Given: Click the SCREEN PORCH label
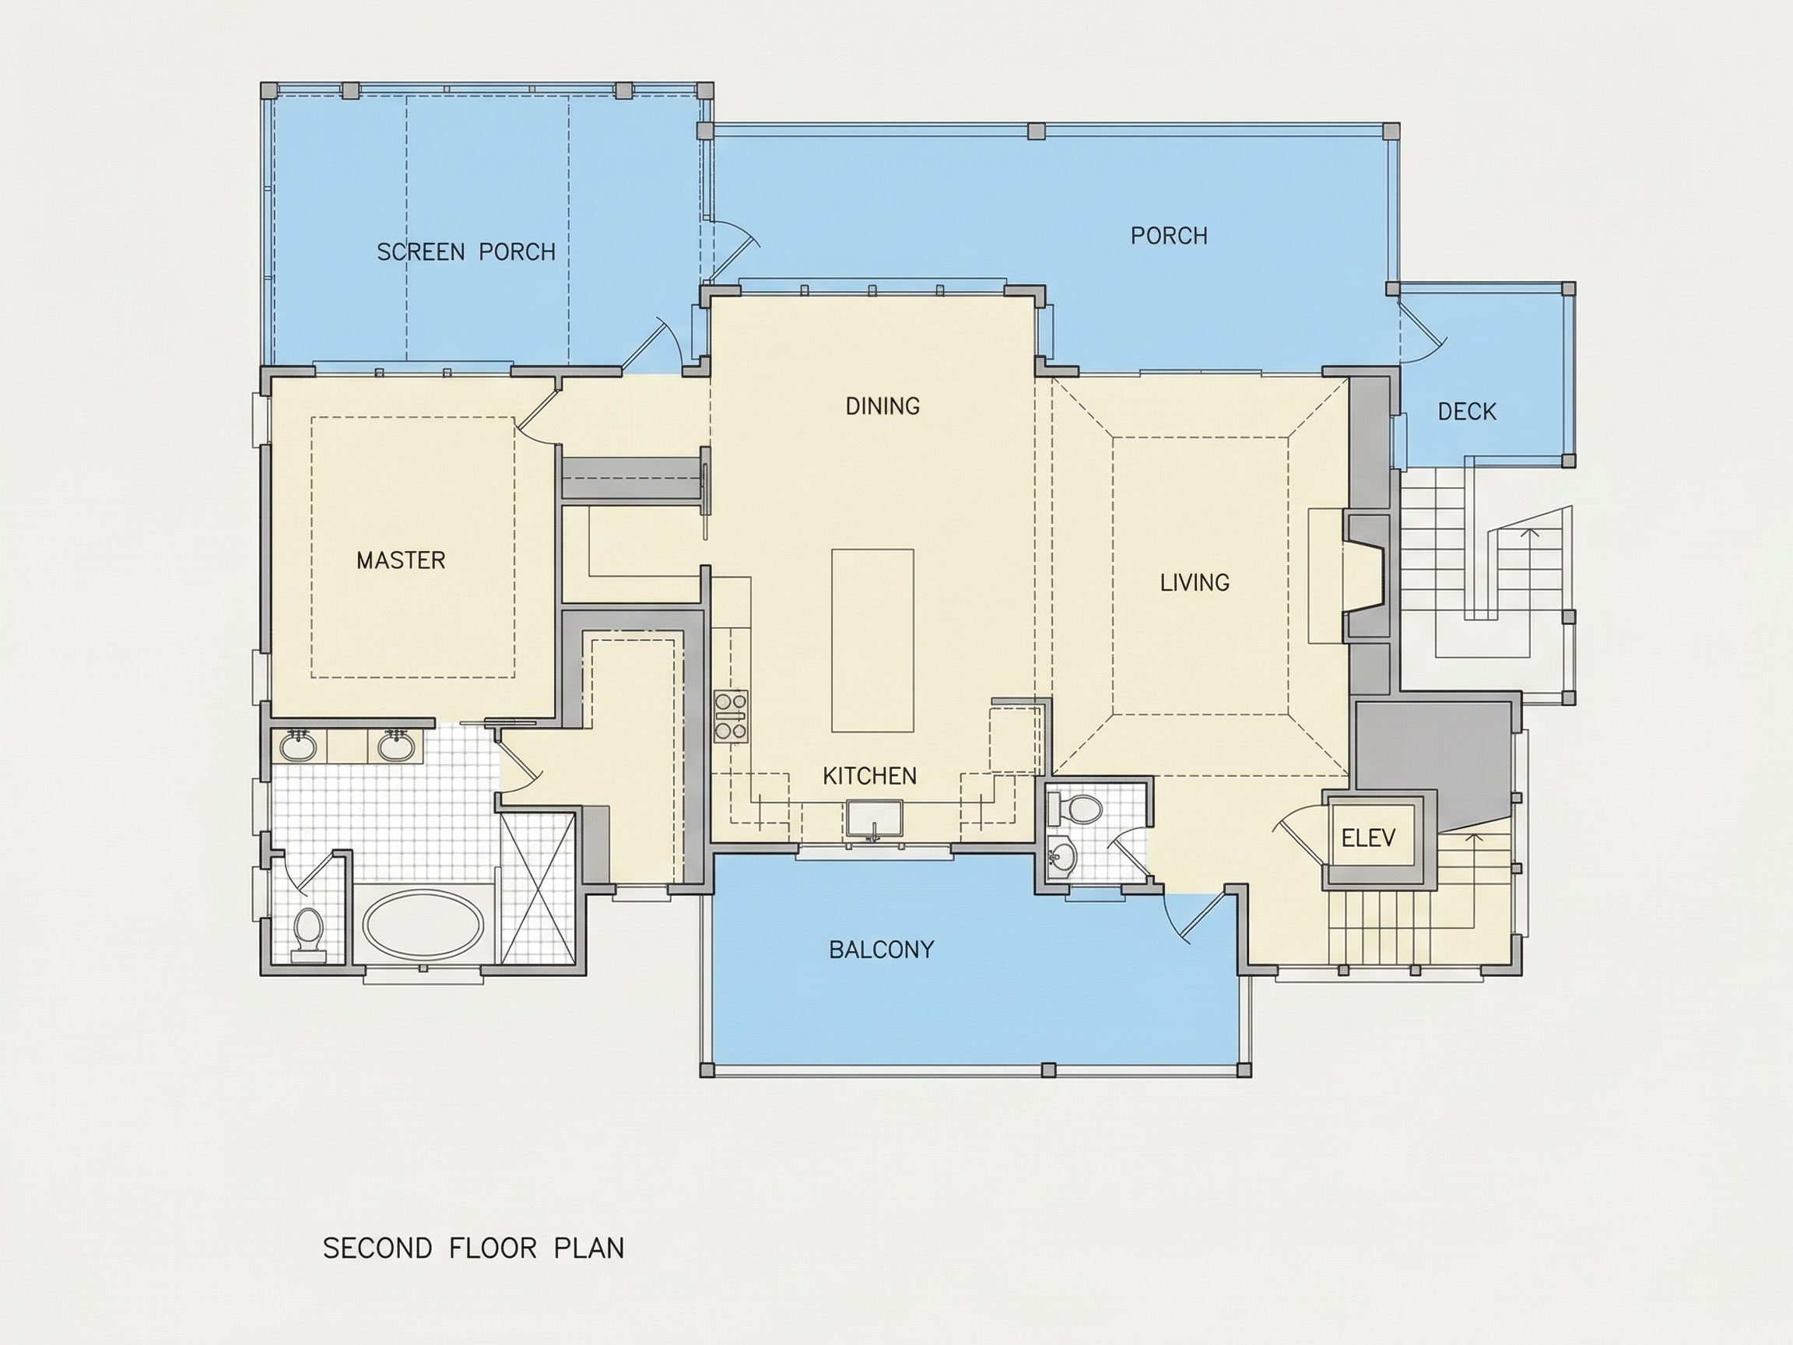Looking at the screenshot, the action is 466,252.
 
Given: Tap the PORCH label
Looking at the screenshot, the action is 1169,236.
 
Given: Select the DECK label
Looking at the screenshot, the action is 1466,412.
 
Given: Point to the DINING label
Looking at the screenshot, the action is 882,406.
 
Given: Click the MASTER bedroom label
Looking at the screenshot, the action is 402,560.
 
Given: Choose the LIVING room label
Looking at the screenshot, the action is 1195,582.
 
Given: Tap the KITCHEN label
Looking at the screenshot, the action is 870,776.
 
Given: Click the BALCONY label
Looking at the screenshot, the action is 881,950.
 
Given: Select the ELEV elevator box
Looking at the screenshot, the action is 1369,838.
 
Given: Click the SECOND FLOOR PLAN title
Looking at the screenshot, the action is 473,1248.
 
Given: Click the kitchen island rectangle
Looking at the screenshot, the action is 873,641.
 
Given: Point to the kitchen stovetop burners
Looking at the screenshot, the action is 732,716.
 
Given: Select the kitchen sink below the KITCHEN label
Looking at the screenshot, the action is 875,819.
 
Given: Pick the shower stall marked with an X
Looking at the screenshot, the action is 539,888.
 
